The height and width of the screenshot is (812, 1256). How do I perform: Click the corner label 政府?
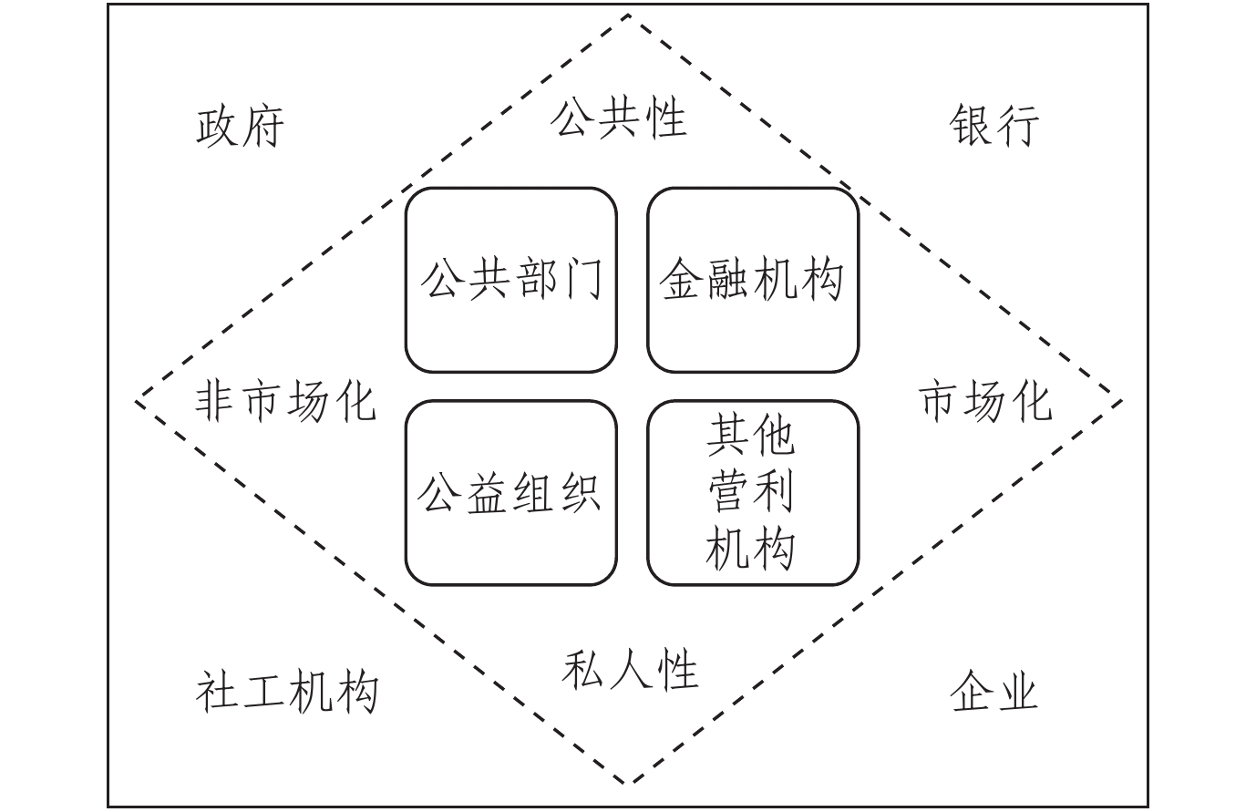tap(240, 126)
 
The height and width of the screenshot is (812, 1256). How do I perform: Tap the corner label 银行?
tap(993, 125)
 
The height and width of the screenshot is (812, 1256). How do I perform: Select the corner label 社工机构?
tap(286, 692)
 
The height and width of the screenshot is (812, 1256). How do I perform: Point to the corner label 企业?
tap(993, 692)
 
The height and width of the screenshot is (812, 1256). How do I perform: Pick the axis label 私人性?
tap(629, 670)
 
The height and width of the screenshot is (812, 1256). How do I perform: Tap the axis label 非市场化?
tap(285, 401)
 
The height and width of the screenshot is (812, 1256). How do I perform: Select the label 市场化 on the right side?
tap(984, 401)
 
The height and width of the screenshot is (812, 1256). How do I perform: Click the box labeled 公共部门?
tap(510, 280)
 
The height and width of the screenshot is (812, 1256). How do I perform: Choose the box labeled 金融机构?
tap(753, 280)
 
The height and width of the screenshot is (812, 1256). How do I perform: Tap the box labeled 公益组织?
tap(510, 493)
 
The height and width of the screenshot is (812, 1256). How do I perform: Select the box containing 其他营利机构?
tap(753, 493)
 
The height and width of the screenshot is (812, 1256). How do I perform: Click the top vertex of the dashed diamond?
tap(628, 15)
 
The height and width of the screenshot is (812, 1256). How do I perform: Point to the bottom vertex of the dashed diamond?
tap(628, 784)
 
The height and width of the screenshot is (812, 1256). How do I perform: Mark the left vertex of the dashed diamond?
tap(138, 401)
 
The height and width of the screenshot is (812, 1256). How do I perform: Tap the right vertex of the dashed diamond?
tap(1121, 400)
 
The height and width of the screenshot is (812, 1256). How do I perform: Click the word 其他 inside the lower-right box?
tap(751, 437)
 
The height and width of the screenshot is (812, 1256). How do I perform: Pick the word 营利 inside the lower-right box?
tap(751, 493)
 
